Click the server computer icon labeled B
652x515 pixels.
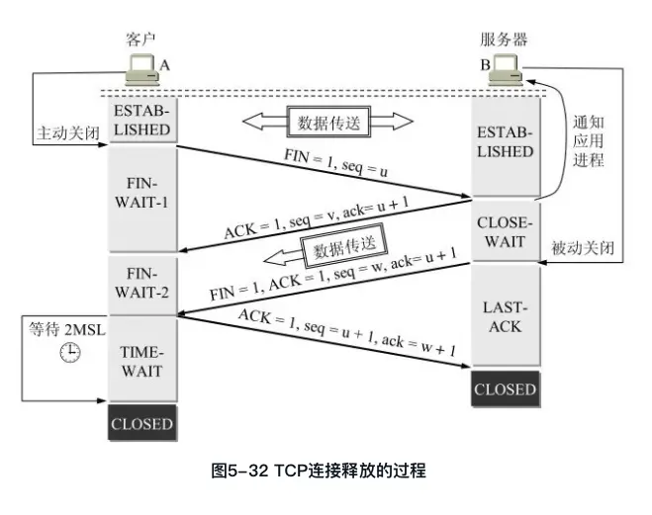[507, 69]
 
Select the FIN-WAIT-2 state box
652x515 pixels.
[141, 285]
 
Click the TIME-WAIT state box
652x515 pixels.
[141, 360]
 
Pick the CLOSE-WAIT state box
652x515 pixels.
[505, 229]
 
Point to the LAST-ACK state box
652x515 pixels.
[505, 316]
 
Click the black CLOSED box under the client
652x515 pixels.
[141, 424]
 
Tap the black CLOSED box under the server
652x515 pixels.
[505, 388]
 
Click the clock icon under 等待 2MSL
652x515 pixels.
[68, 353]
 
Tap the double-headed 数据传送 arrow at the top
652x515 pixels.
[327, 123]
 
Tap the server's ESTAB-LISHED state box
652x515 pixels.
[505, 142]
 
